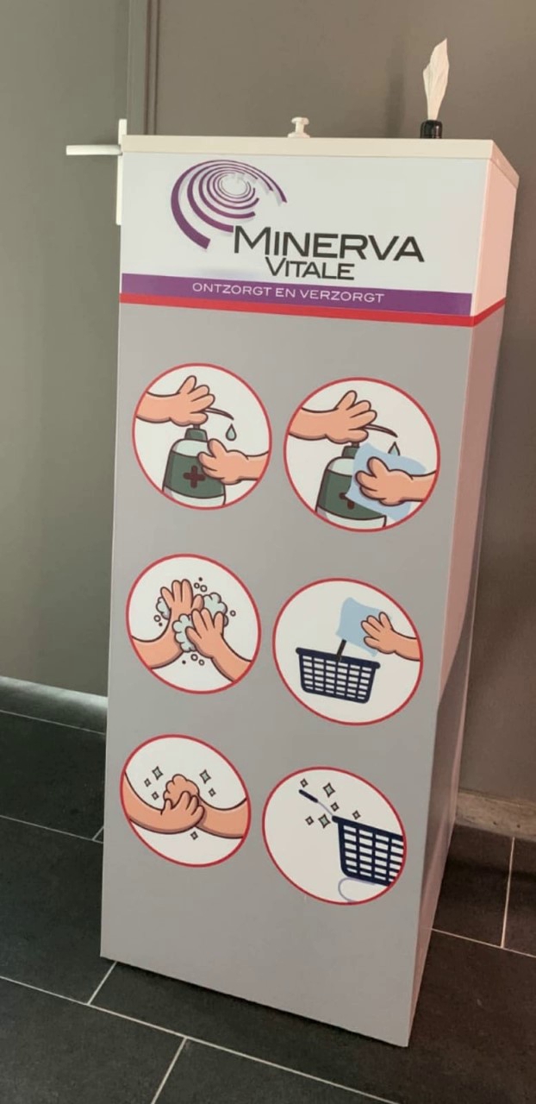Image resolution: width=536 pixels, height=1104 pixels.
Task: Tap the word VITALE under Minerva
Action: pos(309,269)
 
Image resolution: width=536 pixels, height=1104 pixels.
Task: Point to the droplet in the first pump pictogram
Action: pos(230,432)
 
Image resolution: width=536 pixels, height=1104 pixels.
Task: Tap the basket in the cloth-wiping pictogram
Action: pos(338,669)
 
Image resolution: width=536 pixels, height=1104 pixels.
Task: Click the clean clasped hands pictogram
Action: pos(184,801)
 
